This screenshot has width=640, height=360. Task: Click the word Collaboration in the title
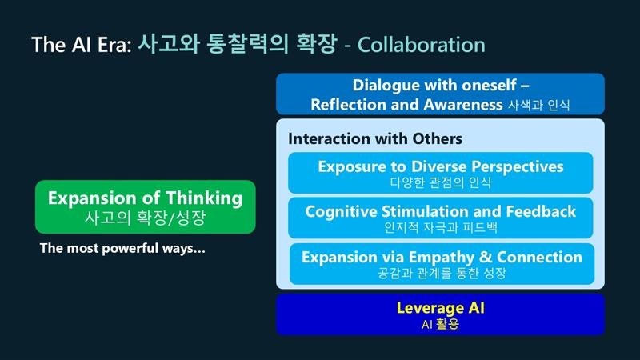422,45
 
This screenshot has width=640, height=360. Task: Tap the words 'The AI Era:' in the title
82,45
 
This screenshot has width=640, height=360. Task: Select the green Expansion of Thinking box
146,206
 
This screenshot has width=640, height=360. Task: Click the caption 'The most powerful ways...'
122,248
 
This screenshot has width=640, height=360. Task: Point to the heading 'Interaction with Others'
375,138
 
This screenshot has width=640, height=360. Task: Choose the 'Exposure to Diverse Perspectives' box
441,173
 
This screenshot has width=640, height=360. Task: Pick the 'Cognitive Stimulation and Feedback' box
441,218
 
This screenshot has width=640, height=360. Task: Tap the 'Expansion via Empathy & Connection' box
442,264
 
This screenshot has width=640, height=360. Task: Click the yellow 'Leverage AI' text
441,308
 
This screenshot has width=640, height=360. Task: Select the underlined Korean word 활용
447,324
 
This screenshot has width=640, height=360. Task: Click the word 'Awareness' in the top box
463,105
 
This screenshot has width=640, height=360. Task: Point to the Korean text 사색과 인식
538,106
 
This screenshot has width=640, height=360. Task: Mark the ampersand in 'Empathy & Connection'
486,257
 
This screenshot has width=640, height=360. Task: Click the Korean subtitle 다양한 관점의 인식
441,182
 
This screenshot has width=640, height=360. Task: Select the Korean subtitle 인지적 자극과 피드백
441,227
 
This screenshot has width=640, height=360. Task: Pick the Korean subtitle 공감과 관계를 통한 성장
442,273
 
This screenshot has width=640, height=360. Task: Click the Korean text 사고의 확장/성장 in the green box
145,217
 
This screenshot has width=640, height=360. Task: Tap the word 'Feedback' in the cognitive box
541,211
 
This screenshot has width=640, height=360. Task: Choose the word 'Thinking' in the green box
204,198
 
